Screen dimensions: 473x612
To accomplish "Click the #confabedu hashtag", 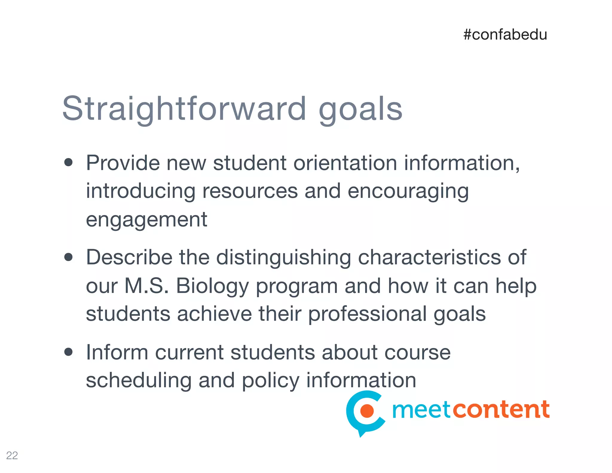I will click(505, 35).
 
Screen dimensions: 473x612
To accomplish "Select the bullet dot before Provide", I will click(68, 162).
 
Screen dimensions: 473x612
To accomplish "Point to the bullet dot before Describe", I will click(68, 257).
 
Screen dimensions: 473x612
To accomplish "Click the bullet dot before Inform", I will click(68, 352).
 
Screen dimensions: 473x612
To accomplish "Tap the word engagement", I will click(146, 220).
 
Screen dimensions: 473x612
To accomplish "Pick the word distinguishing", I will click(283, 257).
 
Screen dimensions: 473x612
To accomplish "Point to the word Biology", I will click(212, 286).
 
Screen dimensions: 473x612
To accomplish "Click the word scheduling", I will click(138, 380).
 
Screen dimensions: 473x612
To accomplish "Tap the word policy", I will click(270, 381).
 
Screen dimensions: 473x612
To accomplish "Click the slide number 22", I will click(12, 455).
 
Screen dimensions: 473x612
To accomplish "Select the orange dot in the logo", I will click(367, 411).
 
